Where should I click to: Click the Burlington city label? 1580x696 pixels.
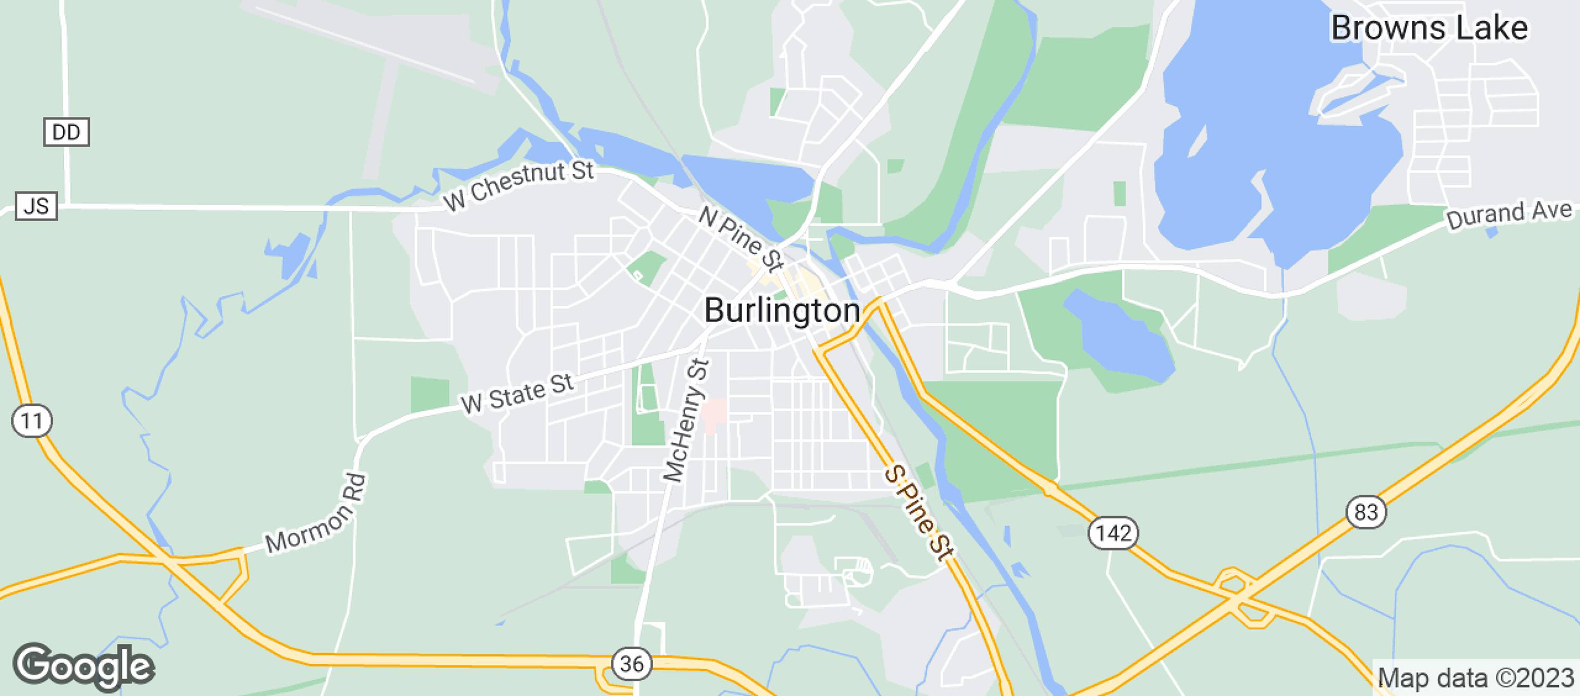point(782,311)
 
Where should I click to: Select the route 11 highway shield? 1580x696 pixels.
point(31,421)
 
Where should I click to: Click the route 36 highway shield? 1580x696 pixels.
point(632,663)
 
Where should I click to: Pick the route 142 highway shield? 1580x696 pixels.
point(1113,532)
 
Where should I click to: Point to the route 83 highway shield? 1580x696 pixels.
point(1367,511)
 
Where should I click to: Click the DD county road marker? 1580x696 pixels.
point(66,132)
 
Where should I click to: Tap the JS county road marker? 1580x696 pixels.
point(36,206)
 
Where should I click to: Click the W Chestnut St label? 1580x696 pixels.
point(519,185)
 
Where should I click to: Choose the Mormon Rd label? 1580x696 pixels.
point(317,514)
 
